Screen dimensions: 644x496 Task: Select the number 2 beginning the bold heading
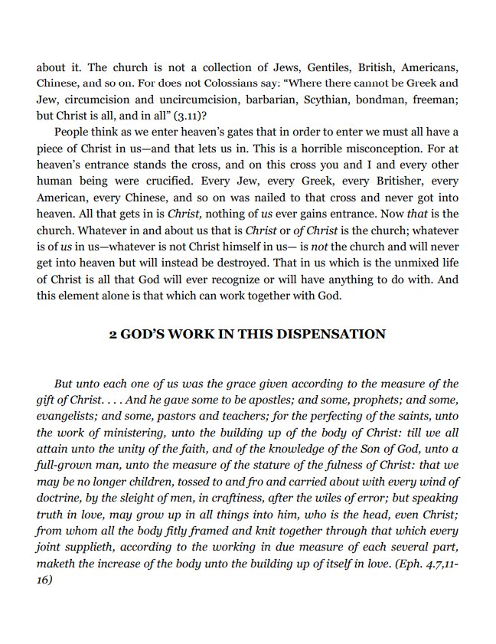pos(113,334)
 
